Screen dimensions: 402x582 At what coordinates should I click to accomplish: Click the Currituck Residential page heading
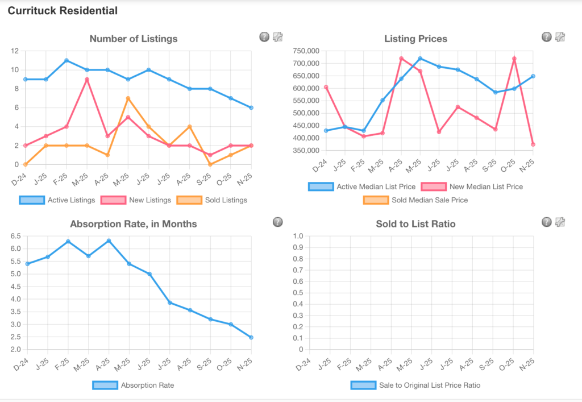pos(63,11)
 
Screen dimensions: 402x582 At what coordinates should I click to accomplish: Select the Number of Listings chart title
pos(134,39)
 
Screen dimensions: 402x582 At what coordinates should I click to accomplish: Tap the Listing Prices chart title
pos(415,39)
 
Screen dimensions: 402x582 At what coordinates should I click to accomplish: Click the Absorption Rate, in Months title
pos(134,223)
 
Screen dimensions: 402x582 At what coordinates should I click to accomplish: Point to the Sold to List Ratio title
pos(415,223)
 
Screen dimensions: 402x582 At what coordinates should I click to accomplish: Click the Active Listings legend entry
pos(56,200)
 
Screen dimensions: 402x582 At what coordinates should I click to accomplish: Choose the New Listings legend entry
pos(136,200)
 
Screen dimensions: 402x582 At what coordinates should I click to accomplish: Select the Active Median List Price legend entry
pos(361,187)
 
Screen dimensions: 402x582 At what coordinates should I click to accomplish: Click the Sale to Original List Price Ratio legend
pos(415,385)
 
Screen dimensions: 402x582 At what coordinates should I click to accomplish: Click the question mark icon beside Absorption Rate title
pos(277,222)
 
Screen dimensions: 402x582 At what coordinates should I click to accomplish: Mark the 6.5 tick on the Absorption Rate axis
pos(15,236)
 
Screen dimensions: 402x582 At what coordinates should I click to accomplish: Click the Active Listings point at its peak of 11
pos(66,60)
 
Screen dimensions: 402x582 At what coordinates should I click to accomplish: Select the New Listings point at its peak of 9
pos(87,79)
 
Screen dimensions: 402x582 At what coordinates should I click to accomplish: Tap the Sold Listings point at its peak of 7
pos(128,98)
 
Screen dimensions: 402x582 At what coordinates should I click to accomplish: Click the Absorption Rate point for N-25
pos(251,337)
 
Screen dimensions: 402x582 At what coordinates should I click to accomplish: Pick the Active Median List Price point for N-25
pos(533,76)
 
